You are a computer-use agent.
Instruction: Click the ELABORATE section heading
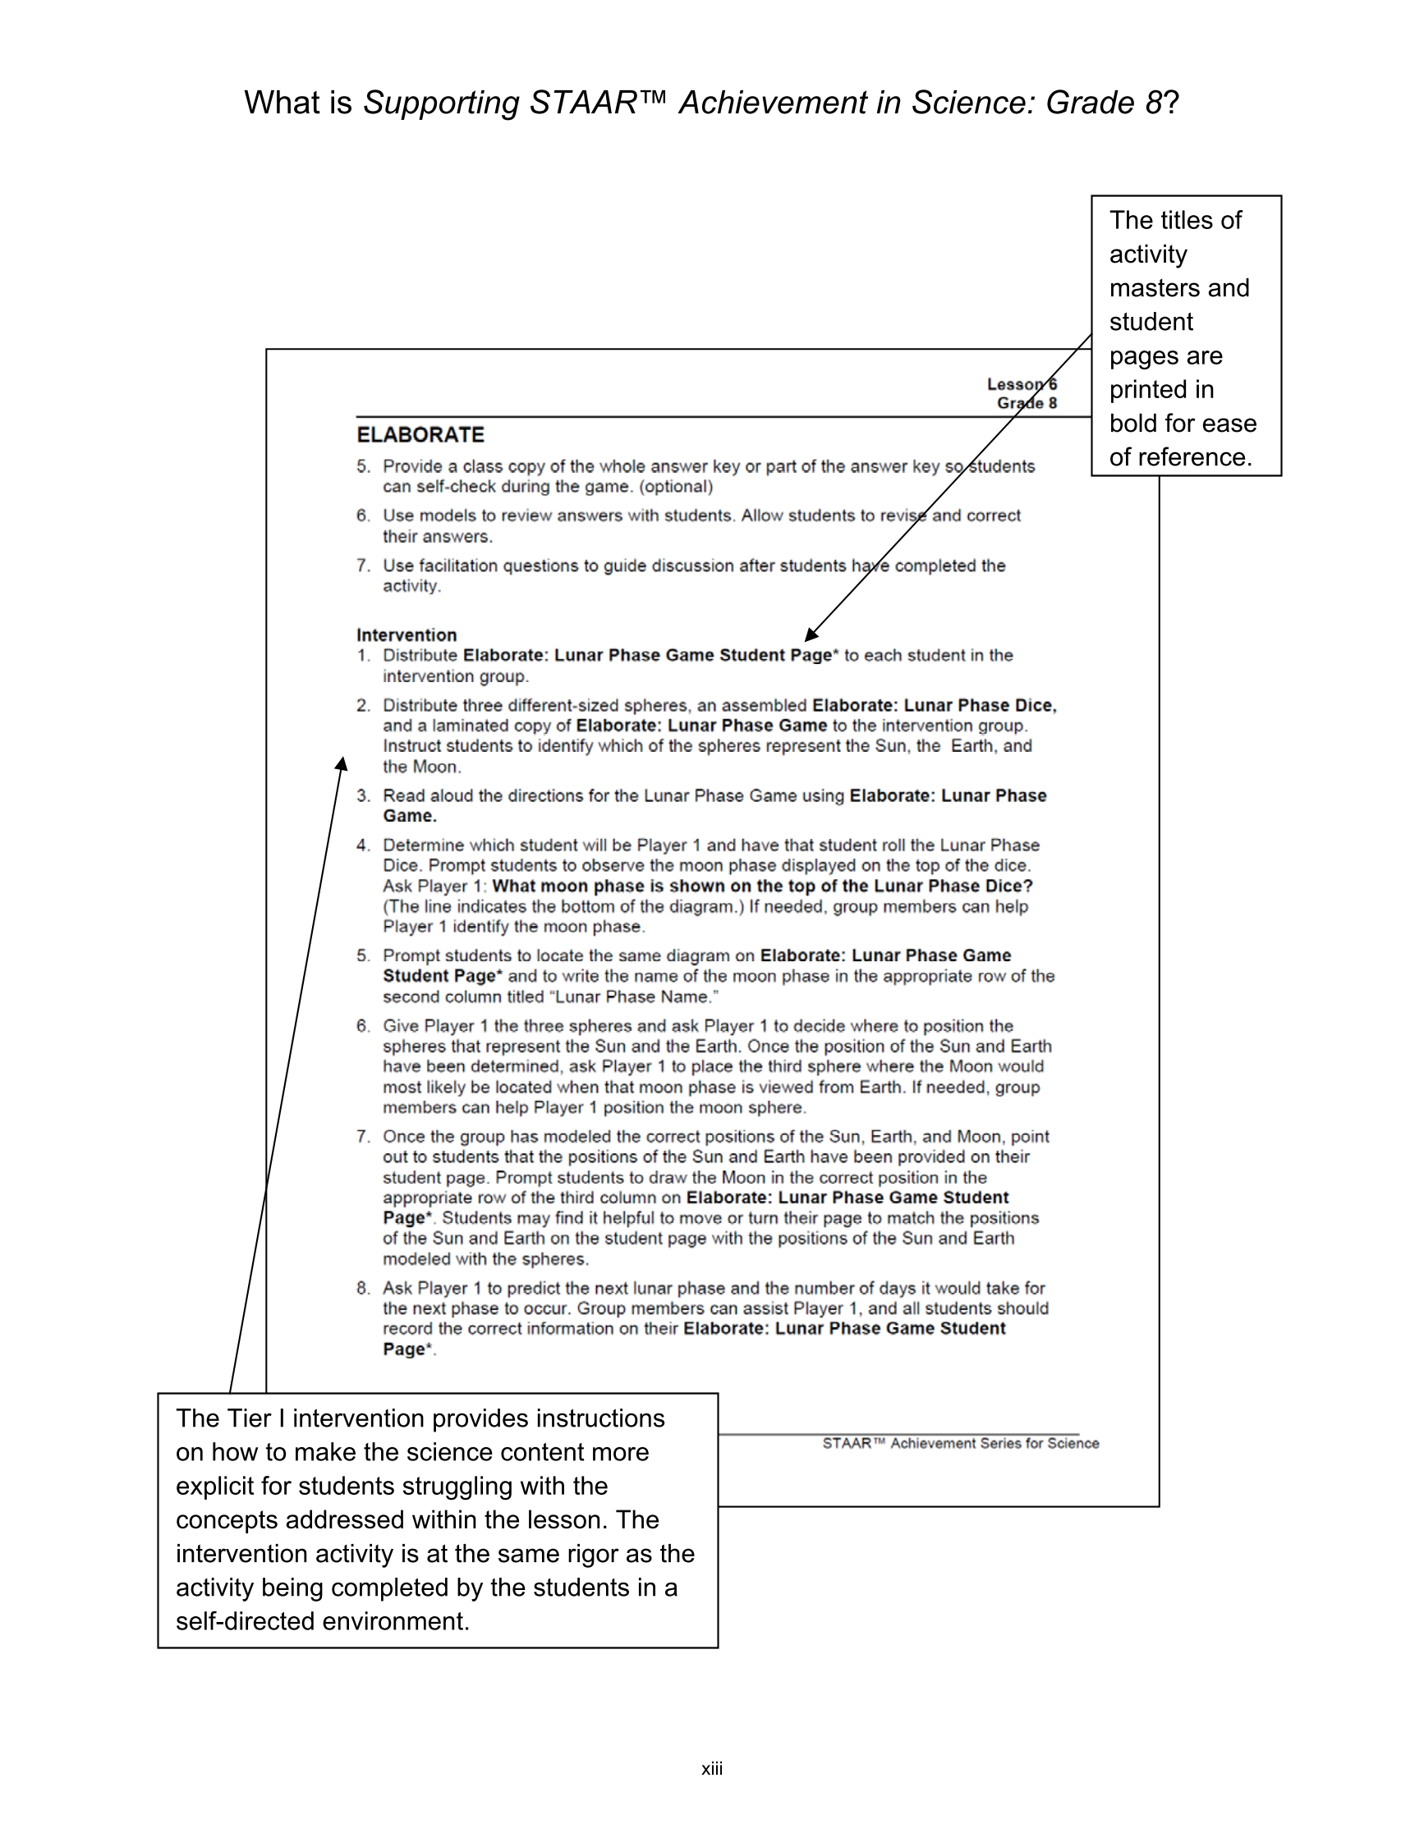(420, 434)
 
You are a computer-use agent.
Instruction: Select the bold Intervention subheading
(406, 635)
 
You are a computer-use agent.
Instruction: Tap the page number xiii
(711, 1769)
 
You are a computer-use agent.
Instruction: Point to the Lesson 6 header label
(1021, 385)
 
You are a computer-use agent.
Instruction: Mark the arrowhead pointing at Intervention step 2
(342, 763)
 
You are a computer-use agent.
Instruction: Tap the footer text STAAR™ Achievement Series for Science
(960, 1443)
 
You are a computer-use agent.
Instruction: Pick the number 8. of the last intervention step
(363, 1288)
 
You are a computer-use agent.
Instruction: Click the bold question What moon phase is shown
(762, 886)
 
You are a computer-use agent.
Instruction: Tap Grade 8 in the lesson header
(1026, 403)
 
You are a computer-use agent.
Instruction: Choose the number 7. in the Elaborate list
(363, 565)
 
